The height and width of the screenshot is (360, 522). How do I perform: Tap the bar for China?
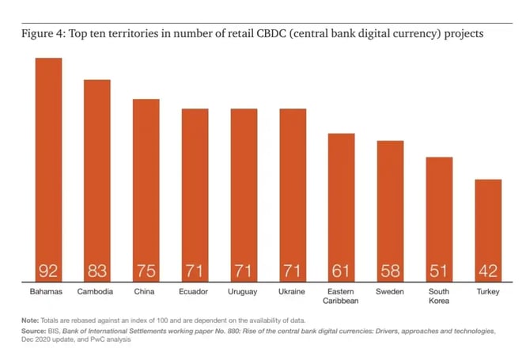click(x=146, y=189)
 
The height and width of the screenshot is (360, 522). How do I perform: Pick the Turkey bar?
click(x=488, y=229)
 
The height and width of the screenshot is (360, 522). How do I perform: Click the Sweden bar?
click(x=390, y=210)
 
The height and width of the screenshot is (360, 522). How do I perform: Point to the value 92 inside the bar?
click(x=48, y=271)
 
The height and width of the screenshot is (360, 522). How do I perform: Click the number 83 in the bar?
click(x=97, y=271)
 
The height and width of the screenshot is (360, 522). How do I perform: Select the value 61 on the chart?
click(x=342, y=271)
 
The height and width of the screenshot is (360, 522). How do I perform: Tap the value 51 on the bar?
click(x=439, y=271)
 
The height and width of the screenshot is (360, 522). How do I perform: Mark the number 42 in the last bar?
click(x=488, y=271)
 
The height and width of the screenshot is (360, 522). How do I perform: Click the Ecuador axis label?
click(x=195, y=292)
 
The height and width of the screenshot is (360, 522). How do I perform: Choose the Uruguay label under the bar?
click(x=244, y=292)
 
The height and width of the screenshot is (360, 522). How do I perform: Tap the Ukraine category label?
click(x=293, y=292)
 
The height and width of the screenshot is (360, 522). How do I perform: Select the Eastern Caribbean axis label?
click(x=342, y=297)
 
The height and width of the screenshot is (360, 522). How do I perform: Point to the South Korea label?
click(x=439, y=297)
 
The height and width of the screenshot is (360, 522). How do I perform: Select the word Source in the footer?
click(x=36, y=331)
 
